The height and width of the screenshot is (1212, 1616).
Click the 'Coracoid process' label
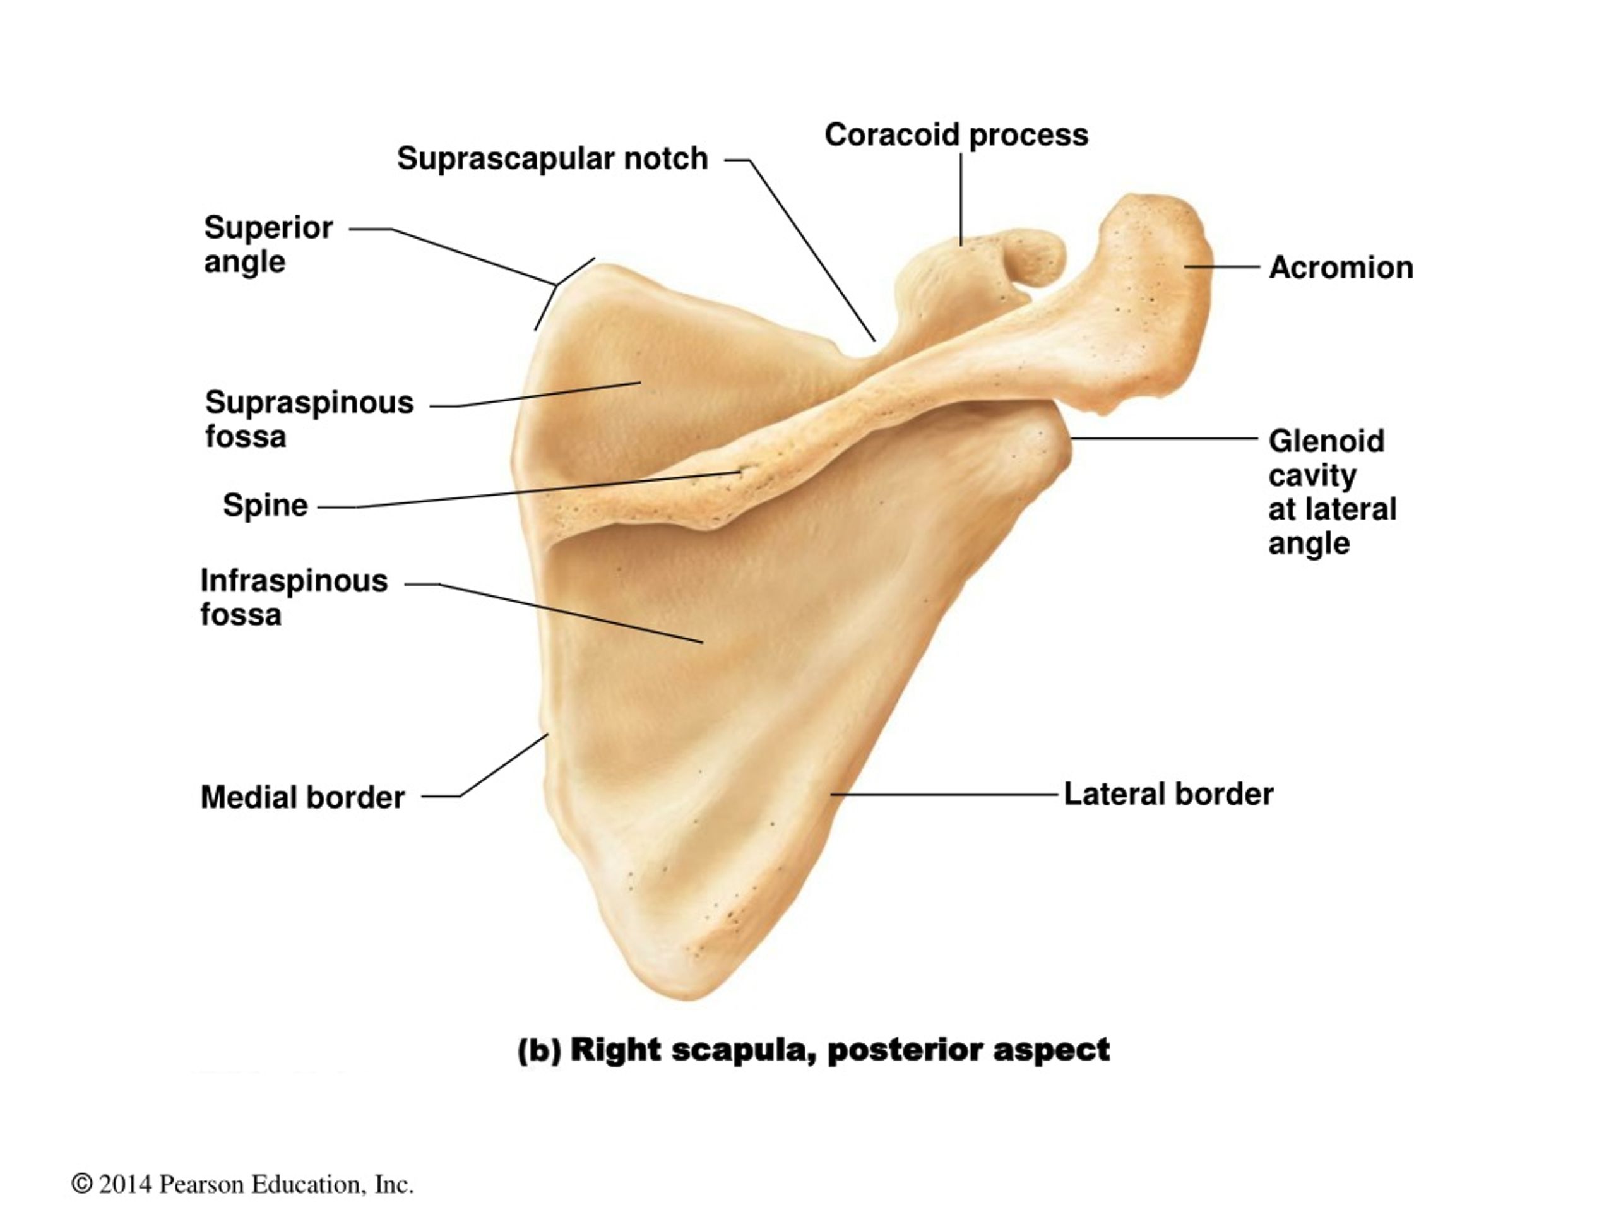[956, 135]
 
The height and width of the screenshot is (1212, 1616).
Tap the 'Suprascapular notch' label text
[552, 158]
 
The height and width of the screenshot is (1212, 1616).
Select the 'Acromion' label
[1341, 268]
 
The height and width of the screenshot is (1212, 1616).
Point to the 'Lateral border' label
[1168, 794]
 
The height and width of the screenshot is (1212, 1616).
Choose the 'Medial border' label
[302, 797]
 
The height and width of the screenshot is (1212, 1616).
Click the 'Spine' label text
[265, 506]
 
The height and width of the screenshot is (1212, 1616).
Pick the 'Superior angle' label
[268, 244]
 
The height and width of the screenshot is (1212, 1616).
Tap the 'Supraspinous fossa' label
[309, 419]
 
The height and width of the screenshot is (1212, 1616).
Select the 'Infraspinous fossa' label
[294, 598]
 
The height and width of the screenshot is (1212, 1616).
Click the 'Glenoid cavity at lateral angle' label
[1333, 492]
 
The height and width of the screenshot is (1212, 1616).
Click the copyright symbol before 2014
[82, 1183]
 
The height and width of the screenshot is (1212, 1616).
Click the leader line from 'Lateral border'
[944, 794]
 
